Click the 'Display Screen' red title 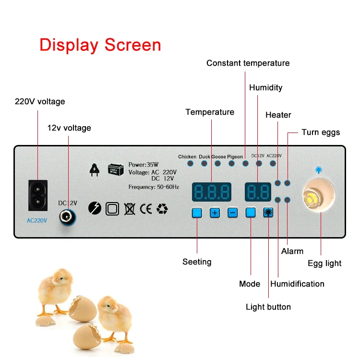coord(100,45)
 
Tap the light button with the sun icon coord(267,213)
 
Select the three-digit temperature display coord(211,192)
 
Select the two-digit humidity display coord(256,192)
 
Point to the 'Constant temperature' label coord(248,63)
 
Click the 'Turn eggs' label coord(321,132)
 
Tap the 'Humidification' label coord(297,284)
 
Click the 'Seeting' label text coord(197,262)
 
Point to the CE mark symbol coord(145,208)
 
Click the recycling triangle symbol coord(162,208)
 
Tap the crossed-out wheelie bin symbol coord(129,208)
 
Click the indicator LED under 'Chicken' coord(190,164)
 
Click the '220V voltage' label coord(40,102)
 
